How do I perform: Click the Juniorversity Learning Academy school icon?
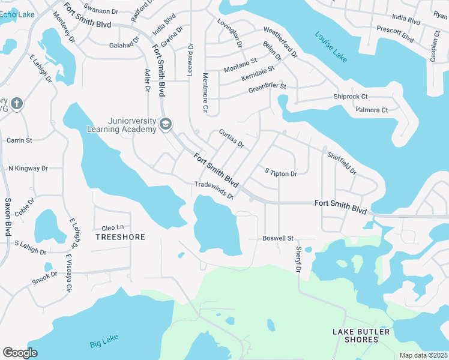(165, 124)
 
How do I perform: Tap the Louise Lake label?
(331, 44)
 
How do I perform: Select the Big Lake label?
(104, 343)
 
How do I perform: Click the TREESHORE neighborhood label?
(120, 237)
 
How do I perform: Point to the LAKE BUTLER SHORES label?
(361, 335)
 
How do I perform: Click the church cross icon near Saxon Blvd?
(16, 103)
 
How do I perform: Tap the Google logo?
(20, 352)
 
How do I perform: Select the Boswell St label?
(277, 238)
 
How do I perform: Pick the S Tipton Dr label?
(281, 173)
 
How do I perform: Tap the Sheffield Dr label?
(342, 163)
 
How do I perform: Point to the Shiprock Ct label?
(351, 97)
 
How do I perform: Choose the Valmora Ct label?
(372, 110)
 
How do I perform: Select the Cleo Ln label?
(112, 227)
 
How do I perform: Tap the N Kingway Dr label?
(28, 169)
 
